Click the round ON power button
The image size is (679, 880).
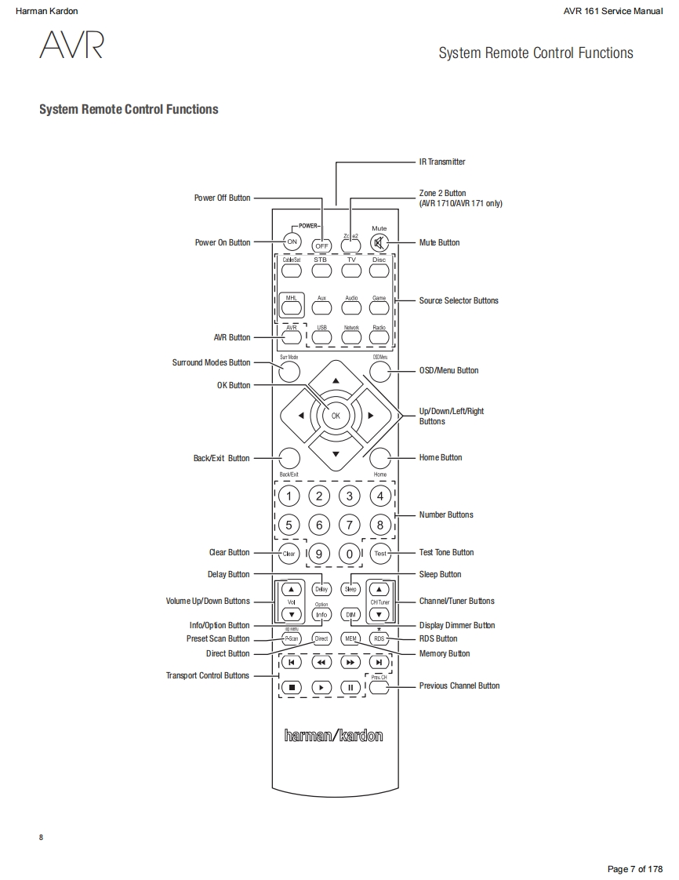tap(292, 242)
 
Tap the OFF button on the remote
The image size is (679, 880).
tap(322, 245)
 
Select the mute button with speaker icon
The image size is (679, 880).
tap(379, 242)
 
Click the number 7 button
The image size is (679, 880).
tap(350, 525)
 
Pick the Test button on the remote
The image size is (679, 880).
tap(380, 554)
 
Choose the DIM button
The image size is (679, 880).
tap(351, 614)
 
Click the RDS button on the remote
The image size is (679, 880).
tap(379, 638)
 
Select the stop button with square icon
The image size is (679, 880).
tap(292, 687)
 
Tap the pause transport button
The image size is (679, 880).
tap(350, 687)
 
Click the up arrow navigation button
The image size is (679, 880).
tap(336, 380)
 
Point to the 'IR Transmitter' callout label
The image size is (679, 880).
tap(442, 162)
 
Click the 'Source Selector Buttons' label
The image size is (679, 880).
tap(459, 300)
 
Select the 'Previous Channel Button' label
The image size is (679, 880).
tap(459, 685)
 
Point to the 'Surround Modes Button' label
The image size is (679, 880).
tap(212, 362)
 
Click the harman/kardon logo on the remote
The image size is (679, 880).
tap(334, 735)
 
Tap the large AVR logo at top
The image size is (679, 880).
tap(71, 46)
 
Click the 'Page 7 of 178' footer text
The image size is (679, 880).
tap(635, 869)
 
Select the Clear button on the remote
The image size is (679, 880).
tap(289, 554)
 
